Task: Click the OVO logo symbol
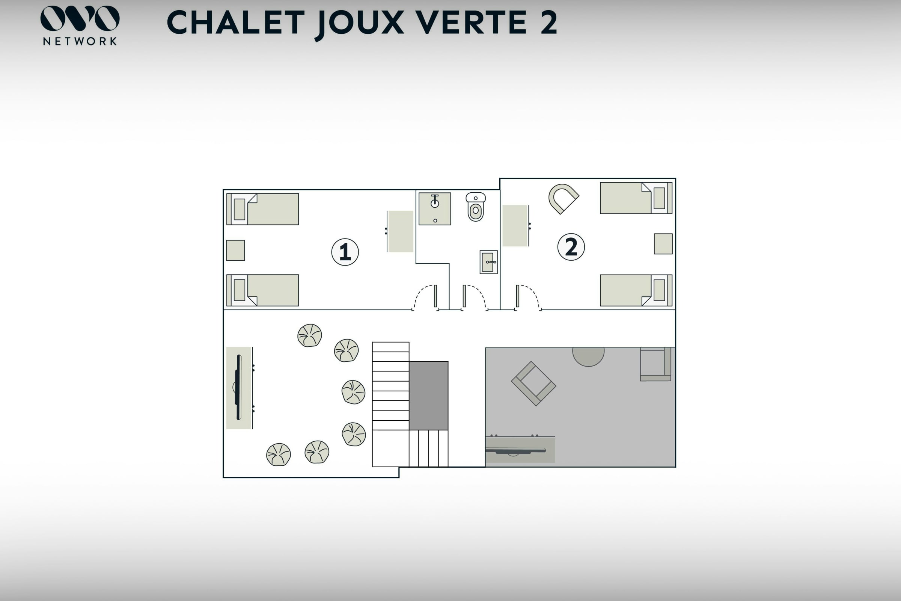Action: tap(80, 18)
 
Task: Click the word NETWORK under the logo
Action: tap(80, 41)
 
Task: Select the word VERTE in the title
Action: tap(473, 23)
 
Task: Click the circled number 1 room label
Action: tap(345, 252)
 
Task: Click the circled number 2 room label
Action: tap(571, 247)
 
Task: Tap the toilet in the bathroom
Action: tap(475, 207)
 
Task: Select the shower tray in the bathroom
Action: tap(435, 209)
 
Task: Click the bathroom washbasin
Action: tap(489, 262)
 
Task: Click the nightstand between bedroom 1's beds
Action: tap(236, 250)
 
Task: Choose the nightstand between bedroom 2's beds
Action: tap(663, 244)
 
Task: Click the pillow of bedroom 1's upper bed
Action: tap(240, 209)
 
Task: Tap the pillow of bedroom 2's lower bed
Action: tap(659, 290)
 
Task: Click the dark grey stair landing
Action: tap(429, 396)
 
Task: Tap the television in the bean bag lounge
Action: tap(238, 387)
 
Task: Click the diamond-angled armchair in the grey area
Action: tap(533, 383)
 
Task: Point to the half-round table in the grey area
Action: tap(588, 356)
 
